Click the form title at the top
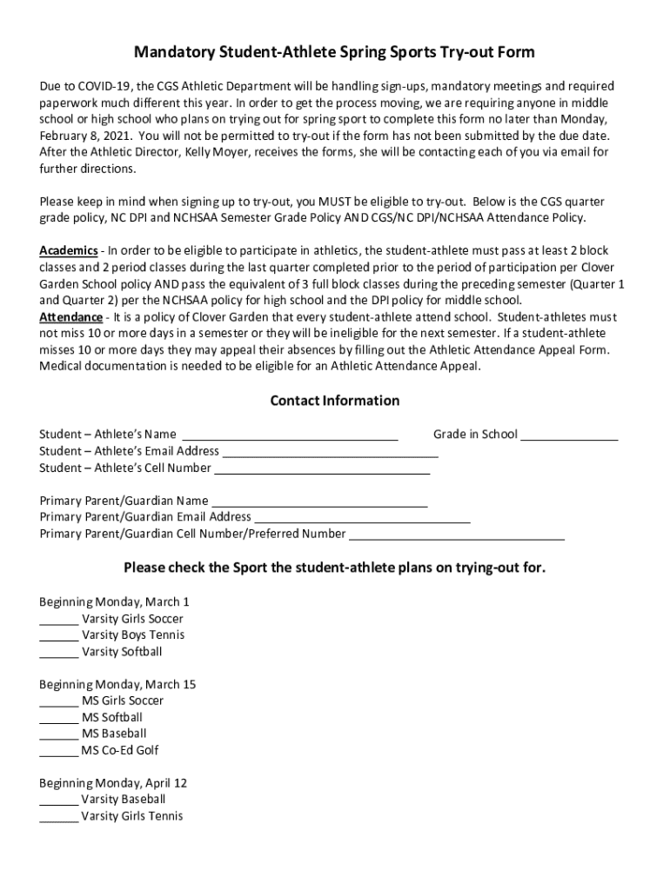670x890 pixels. click(334, 53)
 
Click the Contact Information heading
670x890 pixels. click(334, 401)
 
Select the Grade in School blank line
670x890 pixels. click(569, 435)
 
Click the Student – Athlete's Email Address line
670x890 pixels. click(330, 451)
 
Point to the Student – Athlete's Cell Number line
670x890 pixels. click(321, 468)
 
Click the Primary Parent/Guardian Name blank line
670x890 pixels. click(319, 501)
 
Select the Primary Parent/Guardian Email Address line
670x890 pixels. click(361, 517)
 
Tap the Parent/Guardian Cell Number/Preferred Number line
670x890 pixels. click(456, 534)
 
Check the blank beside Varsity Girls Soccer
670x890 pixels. click(58, 619)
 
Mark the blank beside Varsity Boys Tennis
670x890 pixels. click(58, 635)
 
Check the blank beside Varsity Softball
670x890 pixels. click(58, 652)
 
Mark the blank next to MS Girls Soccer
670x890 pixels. click(58, 701)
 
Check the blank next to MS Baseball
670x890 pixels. click(58, 734)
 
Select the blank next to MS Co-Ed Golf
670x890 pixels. click(58, 750)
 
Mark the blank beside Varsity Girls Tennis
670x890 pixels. click(58, 816)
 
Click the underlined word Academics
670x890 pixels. click(69, 250)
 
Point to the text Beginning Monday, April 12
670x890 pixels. click(113, 783)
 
